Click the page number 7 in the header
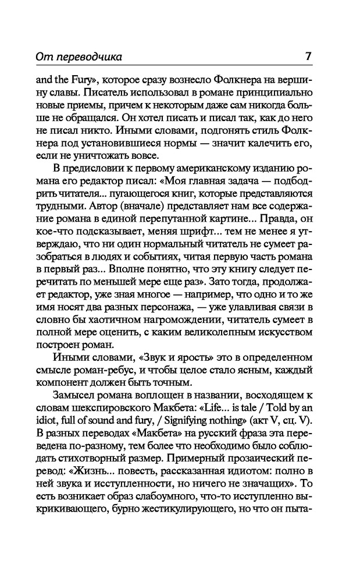(308, 57)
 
